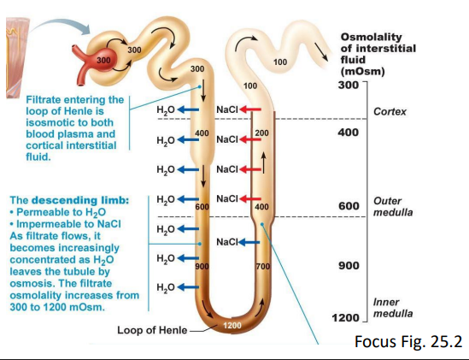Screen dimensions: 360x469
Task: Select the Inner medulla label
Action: click(x=392, y=307)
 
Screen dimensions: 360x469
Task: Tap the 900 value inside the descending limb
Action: click(x=202, y=267)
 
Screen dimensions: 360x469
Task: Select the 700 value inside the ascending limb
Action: click(x=262, y=267)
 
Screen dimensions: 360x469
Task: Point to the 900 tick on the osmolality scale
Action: click(x=348, y=266)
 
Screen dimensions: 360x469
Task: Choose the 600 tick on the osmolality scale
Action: click(x=348, y=207)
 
